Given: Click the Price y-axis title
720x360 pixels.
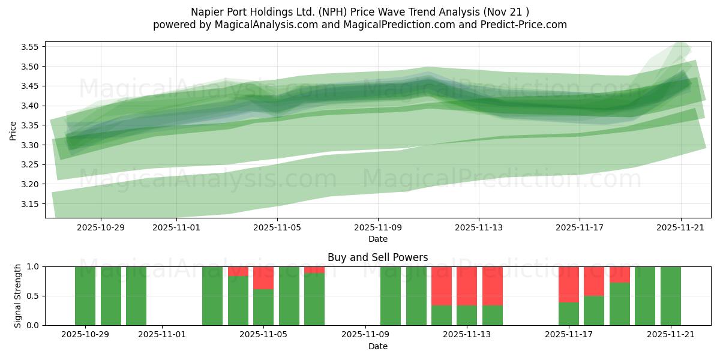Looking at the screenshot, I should (13, 130).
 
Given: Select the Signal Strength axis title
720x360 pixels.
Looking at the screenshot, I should (18, 296).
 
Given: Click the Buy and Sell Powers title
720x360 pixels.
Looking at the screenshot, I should (377, 257).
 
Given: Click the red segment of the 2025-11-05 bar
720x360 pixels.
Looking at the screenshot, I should (263, 278).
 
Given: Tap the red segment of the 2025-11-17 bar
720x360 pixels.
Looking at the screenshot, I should (568, 284).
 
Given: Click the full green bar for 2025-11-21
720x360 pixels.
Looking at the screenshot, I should (670, 296).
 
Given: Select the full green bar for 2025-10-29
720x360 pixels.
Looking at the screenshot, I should (85, 296).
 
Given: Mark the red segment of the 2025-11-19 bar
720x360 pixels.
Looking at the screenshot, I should (619, 274).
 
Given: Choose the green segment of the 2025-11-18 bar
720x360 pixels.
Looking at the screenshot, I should (594, 310).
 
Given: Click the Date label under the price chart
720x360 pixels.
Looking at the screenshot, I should (377, 239).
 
